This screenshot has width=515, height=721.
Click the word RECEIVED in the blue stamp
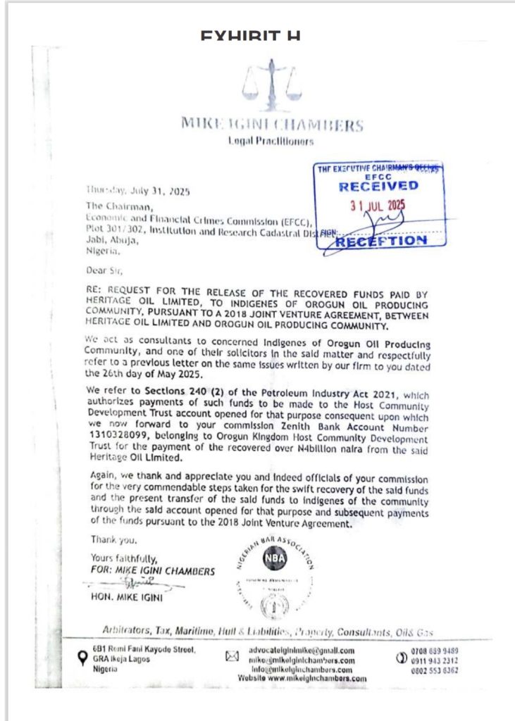378,186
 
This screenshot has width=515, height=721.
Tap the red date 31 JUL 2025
378,206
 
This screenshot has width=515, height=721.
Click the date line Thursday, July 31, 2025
137,191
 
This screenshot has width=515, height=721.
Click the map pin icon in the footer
82,658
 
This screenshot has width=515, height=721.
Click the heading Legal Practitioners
271,142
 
